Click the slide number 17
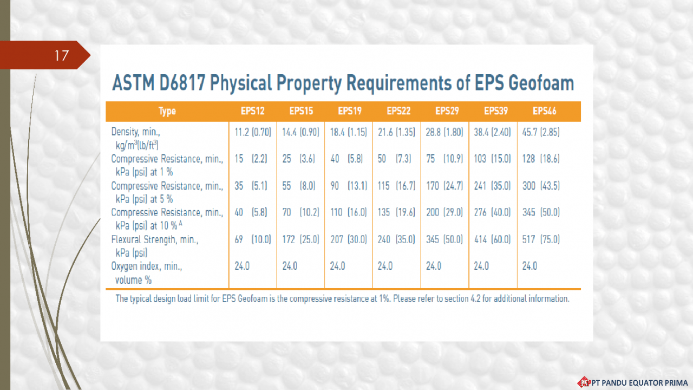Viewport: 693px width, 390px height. tap(61, 55)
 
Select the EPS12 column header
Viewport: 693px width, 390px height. tap(253, 112)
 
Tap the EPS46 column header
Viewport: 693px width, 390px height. tap(544, 112)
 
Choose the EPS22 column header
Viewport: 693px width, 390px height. tap(398, 112)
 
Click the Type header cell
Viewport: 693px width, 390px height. tap(167, 112)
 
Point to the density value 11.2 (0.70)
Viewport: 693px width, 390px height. tap(253, 132)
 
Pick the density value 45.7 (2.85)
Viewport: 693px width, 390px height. tap(541, 132)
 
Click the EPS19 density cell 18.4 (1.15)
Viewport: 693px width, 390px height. tap(349, 132)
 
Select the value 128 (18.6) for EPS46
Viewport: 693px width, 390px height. tap(541, 159)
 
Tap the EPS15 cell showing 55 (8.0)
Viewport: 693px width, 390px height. tap(299, 186)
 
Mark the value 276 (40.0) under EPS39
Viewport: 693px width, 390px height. tap(492, 212)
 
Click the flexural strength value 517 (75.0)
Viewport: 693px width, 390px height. tap(541, 239)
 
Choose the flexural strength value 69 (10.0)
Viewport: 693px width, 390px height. tap(253, 239)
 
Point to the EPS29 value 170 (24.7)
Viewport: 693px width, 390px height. tap(444, 186)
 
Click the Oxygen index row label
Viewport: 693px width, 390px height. tap(147, 266)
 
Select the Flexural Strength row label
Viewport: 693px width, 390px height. tap(155, 239)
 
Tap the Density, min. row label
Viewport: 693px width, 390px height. tap(136, 132)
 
